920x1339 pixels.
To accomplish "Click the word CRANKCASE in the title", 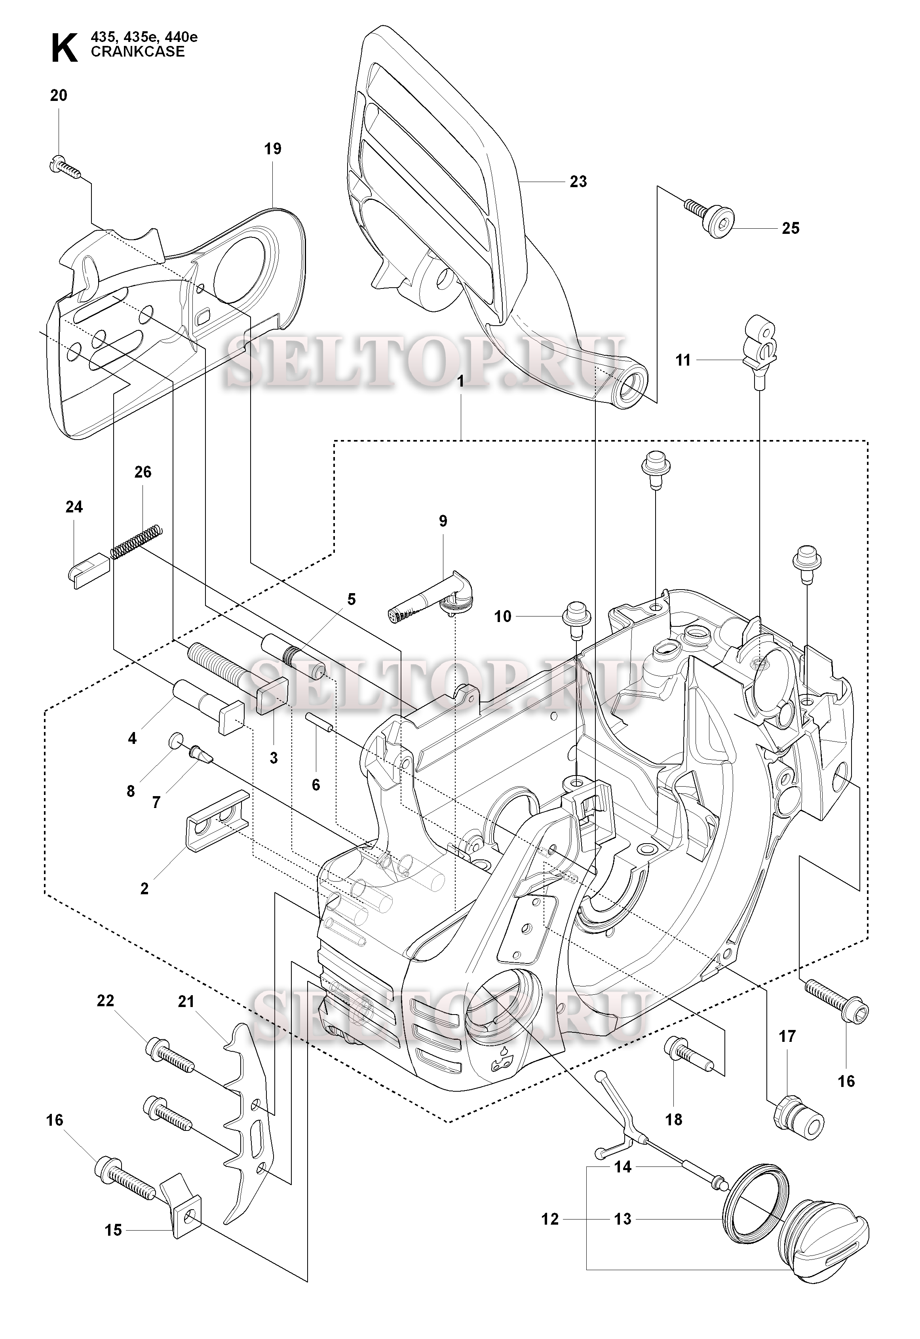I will coord(138,52).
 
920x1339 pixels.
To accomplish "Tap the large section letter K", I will coord(64,48).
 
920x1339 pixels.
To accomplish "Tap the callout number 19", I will coord(273,149).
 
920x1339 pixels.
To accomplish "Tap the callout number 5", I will coord(351,599).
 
